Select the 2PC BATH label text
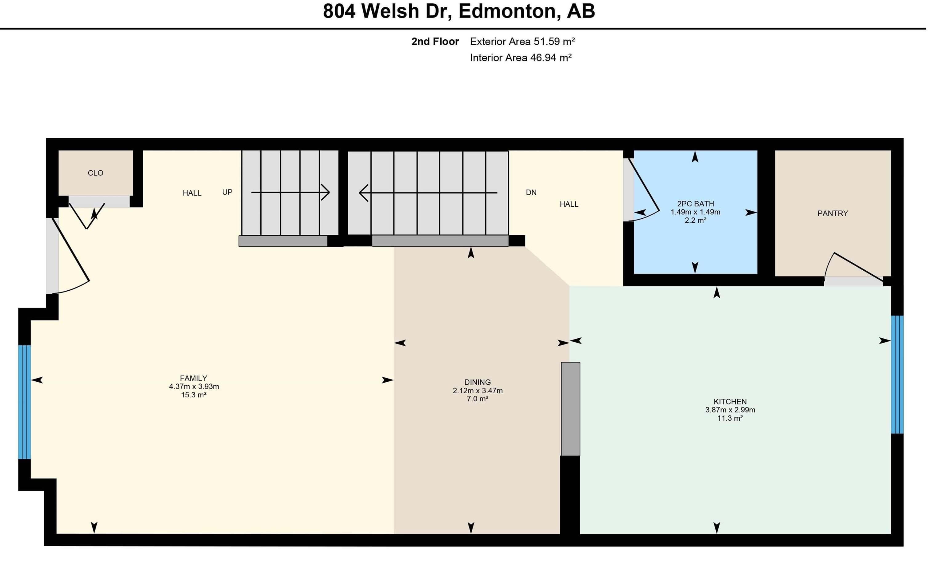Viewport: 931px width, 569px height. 695,204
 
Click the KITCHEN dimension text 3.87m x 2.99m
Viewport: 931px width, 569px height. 730,410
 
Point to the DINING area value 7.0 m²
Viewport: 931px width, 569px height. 477,399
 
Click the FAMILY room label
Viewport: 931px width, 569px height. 193,378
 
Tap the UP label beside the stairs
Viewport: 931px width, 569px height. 227,192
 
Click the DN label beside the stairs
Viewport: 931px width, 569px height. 531,193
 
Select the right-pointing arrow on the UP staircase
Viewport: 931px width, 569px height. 325,192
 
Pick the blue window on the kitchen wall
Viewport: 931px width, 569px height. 897,374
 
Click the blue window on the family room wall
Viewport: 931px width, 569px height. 25,402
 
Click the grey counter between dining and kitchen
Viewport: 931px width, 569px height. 570,409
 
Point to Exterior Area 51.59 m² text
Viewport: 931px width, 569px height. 522,42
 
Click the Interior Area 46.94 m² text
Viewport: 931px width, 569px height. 520,58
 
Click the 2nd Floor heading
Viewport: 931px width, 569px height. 435,42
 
